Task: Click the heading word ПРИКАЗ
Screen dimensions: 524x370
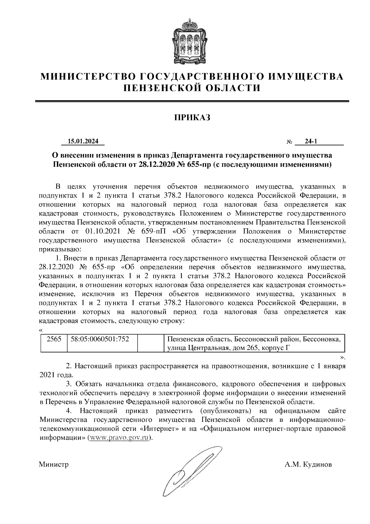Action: coord(192,117)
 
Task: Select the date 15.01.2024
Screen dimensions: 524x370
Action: coord(83,141)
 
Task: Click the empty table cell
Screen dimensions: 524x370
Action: coord(150,343)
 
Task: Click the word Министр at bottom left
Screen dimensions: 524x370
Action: coord(54,465)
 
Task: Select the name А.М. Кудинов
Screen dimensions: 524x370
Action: coord(308,465)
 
